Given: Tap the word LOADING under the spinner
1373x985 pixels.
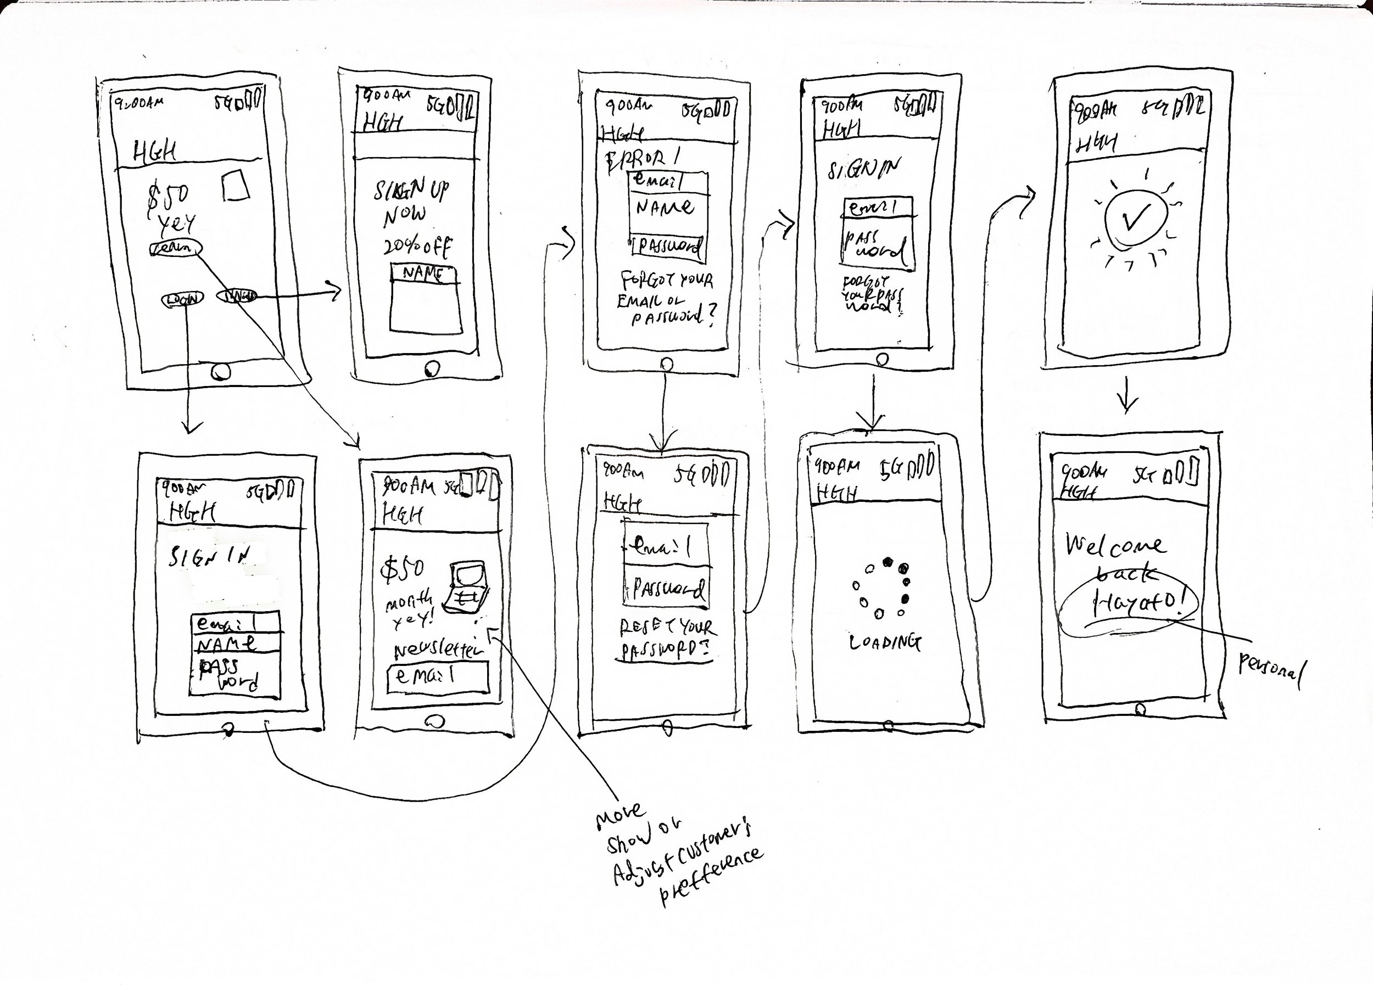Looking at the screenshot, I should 885,642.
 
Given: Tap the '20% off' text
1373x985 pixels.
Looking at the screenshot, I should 416,247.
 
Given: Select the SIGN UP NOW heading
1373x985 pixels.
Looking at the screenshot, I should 409,203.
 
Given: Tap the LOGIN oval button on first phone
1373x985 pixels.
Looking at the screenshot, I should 182,298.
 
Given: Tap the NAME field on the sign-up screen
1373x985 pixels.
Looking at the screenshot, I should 423,274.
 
